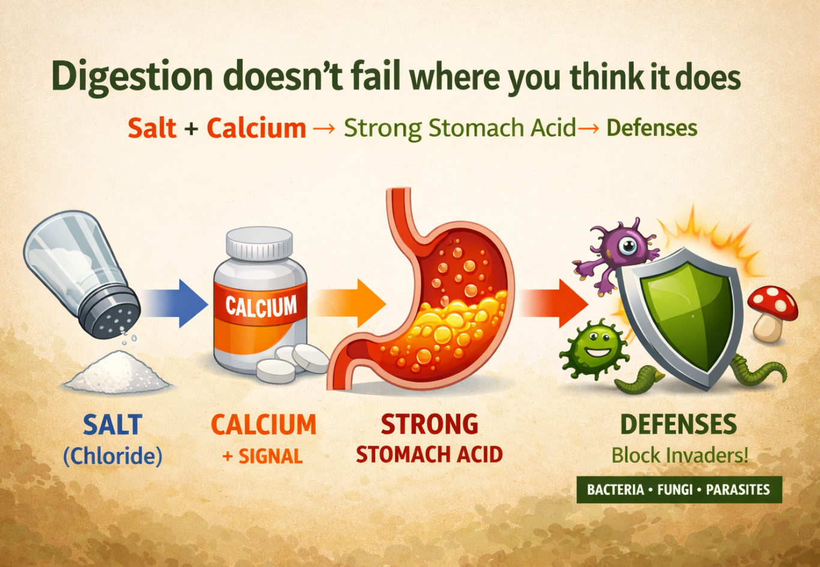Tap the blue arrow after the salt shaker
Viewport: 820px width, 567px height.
point(175,303)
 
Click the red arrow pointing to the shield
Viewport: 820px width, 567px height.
point(554,303)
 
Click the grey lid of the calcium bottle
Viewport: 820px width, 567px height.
point(259,244)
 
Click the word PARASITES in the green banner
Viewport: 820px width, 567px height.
point(738,490)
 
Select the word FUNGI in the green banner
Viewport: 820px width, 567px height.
point(675,490)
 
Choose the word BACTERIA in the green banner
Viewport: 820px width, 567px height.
point(615,490)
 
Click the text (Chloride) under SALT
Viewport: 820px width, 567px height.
point(112,457)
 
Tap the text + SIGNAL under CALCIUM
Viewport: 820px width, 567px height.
point(262,456)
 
